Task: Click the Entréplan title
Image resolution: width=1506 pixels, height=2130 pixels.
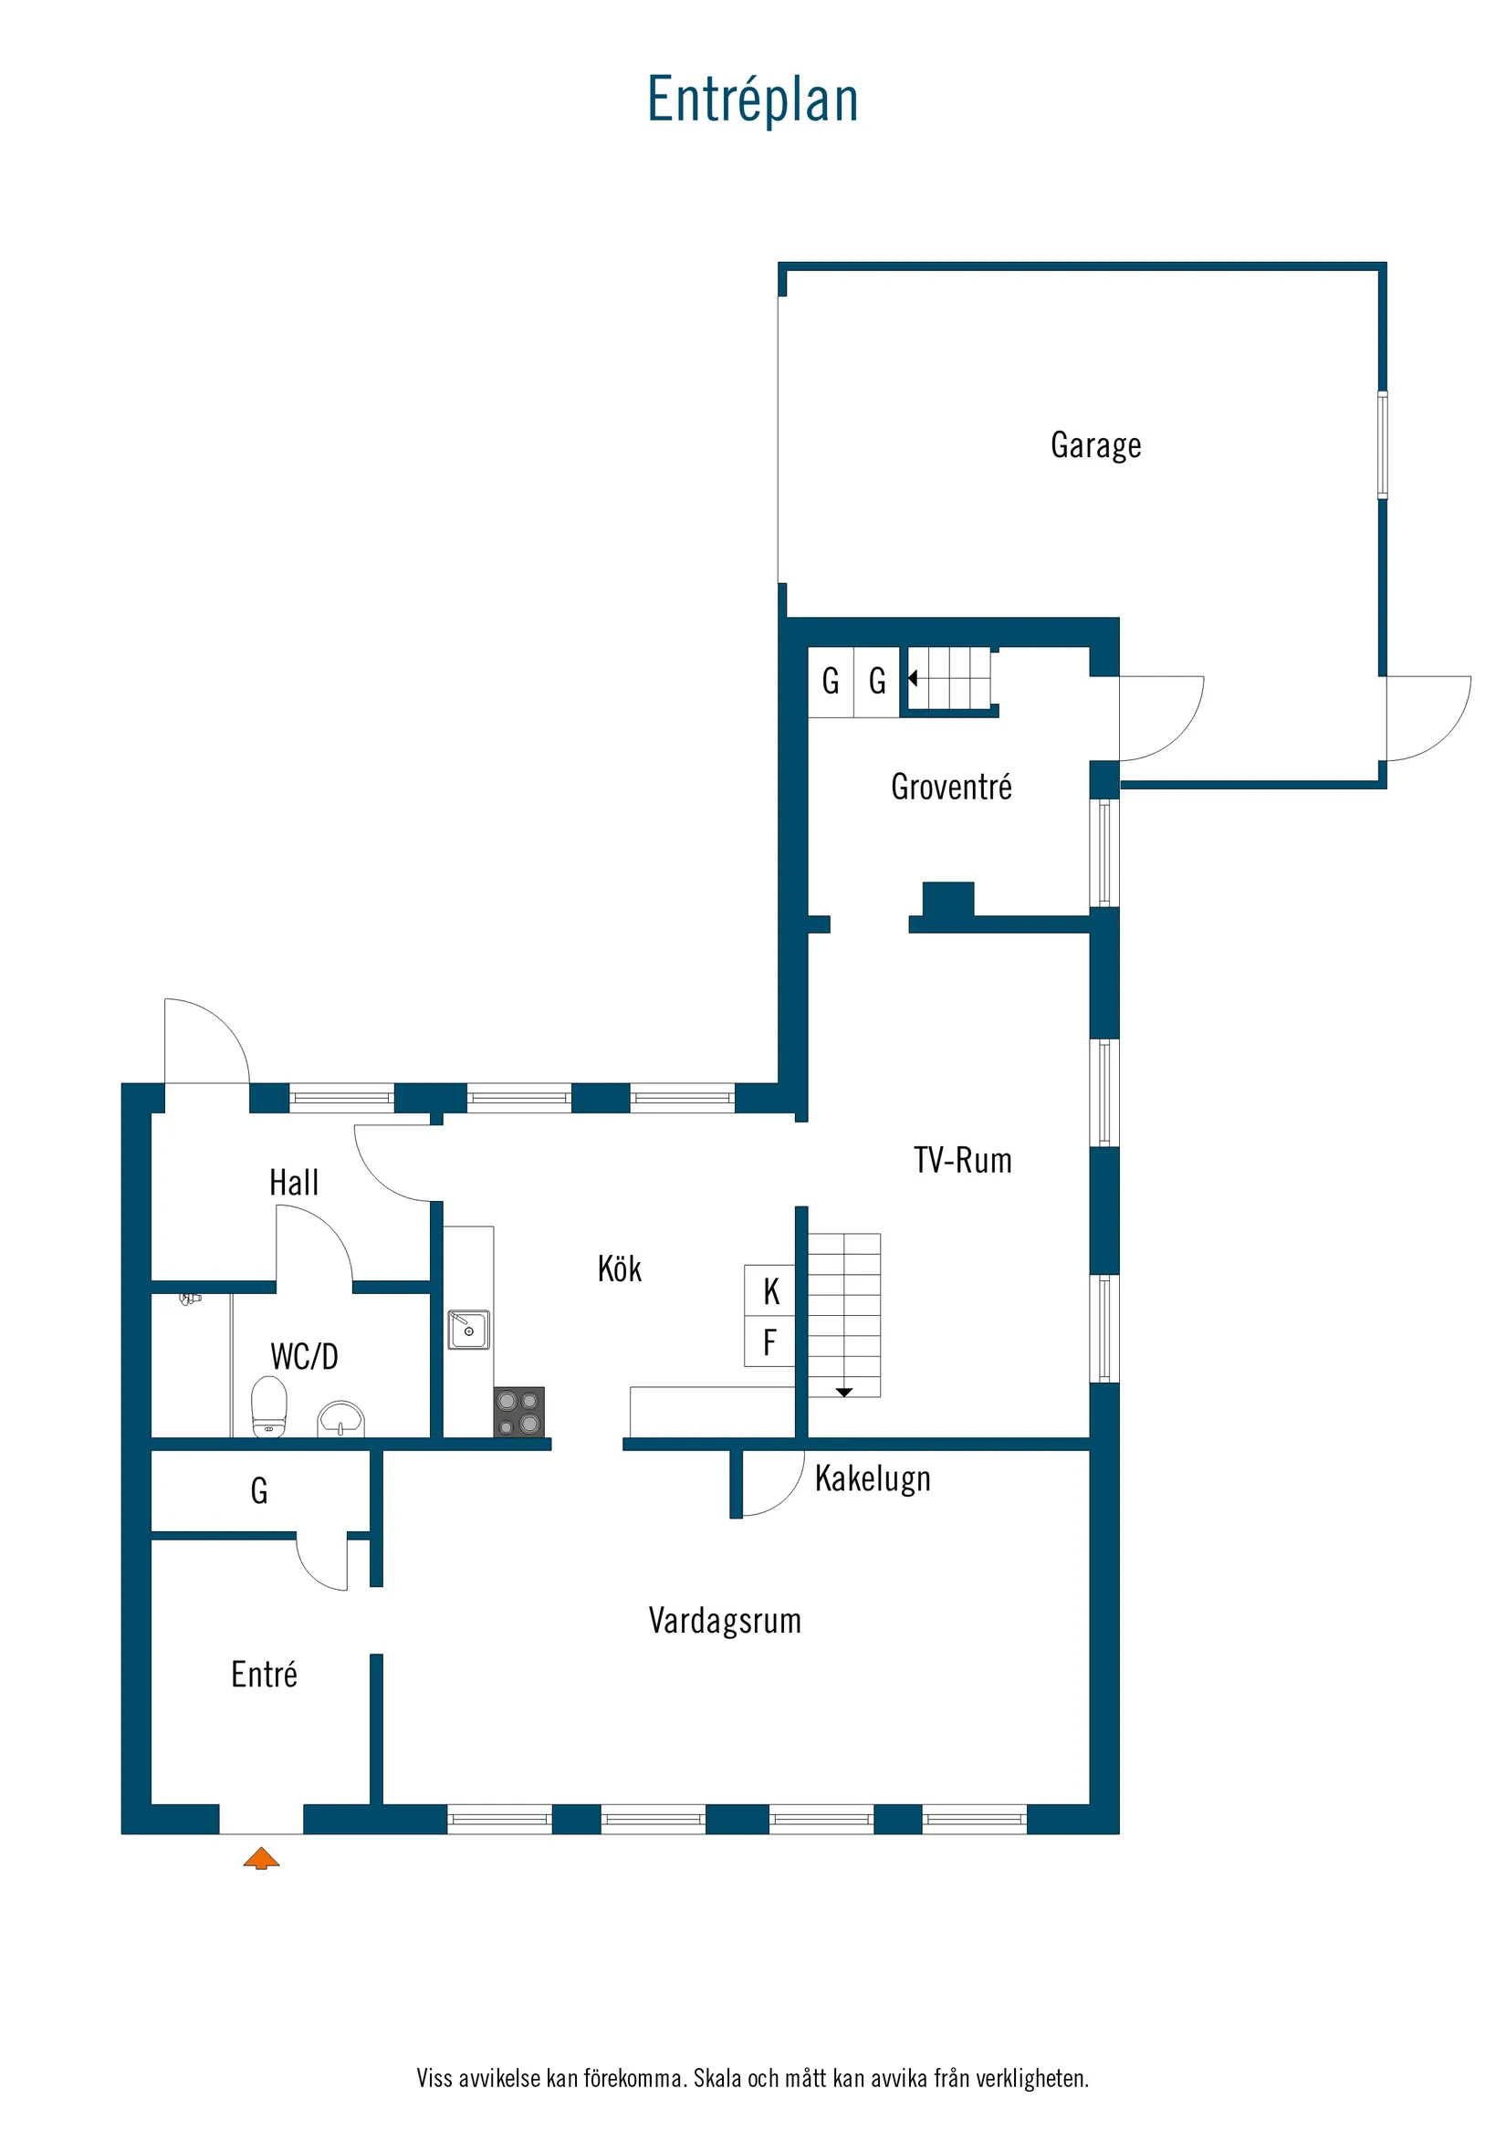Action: coord(752,99)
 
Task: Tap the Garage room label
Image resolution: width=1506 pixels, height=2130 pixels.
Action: coord(1096,445)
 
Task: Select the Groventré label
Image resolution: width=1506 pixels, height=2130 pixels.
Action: coord(951,787)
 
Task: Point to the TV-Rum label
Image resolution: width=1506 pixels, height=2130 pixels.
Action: coord(962,1161)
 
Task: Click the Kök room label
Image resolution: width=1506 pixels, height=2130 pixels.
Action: coord(619,1269)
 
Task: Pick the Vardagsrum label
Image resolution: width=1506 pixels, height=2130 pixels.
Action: coord(725,1621)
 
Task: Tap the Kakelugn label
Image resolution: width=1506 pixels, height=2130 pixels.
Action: coord(873,1478)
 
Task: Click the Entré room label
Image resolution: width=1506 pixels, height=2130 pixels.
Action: coord(265,1675)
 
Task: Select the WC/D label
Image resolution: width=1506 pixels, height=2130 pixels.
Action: coord(304,1356)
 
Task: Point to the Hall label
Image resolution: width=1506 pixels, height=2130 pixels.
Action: coord(293,1183)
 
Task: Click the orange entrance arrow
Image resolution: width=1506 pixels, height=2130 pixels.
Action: coord(262,1857)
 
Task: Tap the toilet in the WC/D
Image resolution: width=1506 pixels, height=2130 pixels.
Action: coord(269,1406)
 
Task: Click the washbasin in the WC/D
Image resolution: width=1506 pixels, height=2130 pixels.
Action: coord(341,1418)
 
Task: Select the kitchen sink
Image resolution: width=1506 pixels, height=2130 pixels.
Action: coord(468,1330)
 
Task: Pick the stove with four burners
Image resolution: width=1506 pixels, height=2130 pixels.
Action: coord(518,1412)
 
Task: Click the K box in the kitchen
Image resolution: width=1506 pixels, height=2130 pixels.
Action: coord(770,1290)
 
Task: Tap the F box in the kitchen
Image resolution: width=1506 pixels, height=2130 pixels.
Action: coord(769,1342)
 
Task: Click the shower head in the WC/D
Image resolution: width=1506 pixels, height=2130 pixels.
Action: coord(190,1299)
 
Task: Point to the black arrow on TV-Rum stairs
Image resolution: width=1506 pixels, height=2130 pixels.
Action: coord(843,1393)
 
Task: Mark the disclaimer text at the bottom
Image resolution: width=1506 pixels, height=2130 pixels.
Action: coord(752,2078)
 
